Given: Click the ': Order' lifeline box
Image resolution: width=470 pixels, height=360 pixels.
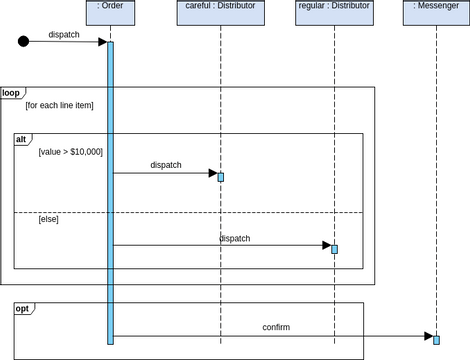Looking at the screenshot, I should tap(110, 12).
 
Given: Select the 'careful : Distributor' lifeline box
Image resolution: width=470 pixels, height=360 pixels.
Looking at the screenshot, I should tap(220, 12).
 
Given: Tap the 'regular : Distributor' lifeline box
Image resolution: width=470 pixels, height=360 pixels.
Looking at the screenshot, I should tap(334, 12).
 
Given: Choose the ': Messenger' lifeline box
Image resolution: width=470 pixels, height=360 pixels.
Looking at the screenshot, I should tap(436, 12).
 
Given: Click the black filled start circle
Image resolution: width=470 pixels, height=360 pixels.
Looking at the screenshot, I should tap(24, 41).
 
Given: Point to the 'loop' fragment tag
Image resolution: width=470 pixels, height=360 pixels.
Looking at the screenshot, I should tap(11, 93).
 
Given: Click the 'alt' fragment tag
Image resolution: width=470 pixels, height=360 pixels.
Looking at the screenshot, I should tap(22, 139).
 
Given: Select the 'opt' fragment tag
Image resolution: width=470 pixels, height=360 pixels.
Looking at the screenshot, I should tap(22, 309).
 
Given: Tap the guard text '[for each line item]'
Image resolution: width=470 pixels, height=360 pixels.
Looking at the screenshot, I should tap(60, 106).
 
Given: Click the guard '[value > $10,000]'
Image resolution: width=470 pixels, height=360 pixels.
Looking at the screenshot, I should tap(70, 152).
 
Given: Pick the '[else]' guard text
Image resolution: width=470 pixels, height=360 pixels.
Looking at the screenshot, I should tap(49, 219).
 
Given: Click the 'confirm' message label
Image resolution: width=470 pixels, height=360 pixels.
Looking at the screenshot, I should tap(276, 327).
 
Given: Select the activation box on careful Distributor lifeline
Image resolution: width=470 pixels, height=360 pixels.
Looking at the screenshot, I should tap(221, 177).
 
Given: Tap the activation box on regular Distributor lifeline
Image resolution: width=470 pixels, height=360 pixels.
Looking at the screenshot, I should tap(335, 249).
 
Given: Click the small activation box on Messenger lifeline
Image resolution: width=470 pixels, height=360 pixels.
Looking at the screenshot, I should tap(436, 338).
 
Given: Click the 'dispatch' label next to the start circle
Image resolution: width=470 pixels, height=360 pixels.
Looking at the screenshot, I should tap(65, 34).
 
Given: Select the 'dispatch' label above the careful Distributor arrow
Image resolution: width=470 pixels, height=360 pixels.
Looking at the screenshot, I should tap(166, 165).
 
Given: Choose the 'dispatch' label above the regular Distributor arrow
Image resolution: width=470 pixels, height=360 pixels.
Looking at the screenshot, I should tap(235, 238).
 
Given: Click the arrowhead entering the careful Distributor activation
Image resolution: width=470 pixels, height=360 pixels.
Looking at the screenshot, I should tap(212, 173).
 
